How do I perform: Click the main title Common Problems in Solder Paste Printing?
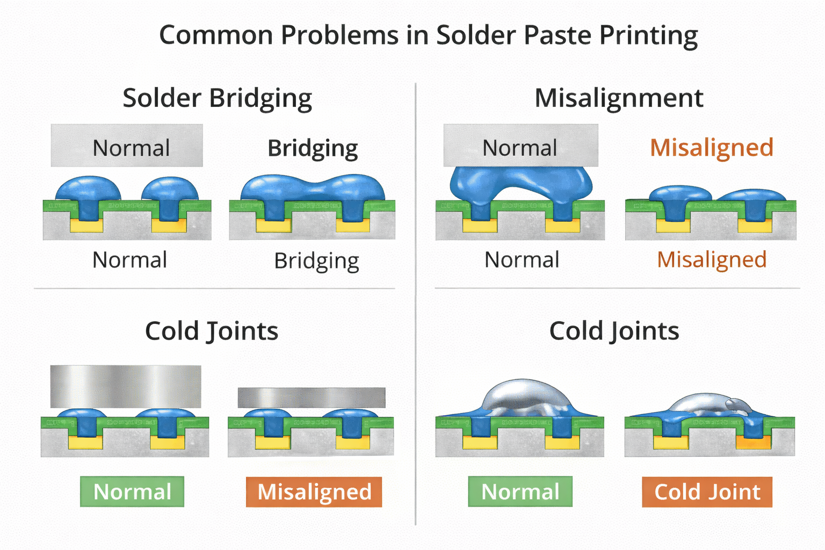(x=428, y=35)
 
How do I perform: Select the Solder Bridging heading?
(x=217, y=98)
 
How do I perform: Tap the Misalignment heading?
(x=619, y=98)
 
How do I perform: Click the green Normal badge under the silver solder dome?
(x=520, y=491)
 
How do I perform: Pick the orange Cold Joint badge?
(x=707, y=491)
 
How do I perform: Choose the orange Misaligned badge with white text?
(x=314, y=491)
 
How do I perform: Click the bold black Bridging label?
(x=313, y=148)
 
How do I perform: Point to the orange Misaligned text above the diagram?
(x=711, y=148)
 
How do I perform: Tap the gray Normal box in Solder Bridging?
(x=127, y=146)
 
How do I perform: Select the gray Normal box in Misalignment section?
(x=520, y=146)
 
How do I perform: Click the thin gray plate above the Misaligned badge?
(x=312, y=398)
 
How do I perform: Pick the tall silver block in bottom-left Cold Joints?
(x=126, y=386)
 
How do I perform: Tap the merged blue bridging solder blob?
(x=313, y=188)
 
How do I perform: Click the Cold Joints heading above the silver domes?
(x=614, y=331)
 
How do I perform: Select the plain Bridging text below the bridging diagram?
(x=316, y=262)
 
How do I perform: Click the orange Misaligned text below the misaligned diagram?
(x=712, y=260)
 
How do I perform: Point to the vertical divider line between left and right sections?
(x=416, y=301)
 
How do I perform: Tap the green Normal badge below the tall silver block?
(x=132, y=491)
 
